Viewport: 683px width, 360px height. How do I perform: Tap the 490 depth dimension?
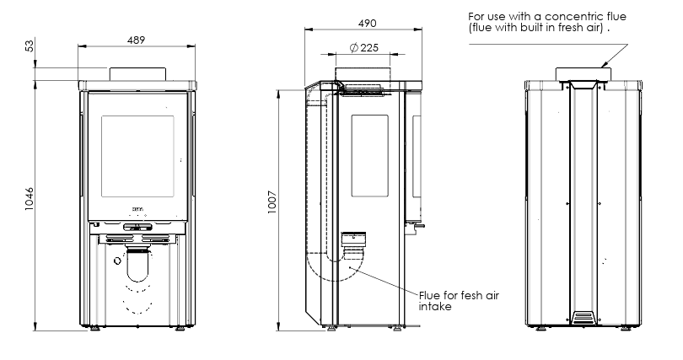pyautogui.click(x=364, y=22)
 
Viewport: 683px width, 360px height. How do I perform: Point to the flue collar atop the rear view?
pyautogui.click(x=582, y=73)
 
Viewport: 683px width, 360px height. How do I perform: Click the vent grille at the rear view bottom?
pyautogui.click(x=583, y=318)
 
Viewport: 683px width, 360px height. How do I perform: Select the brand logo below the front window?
pyautogui.click(x=137, y=205)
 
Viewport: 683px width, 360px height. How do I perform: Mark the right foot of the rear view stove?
pyautogui.click(x=626, y=329)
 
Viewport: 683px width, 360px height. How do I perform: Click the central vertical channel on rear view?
pyautogui.click(x=583, y=202)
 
